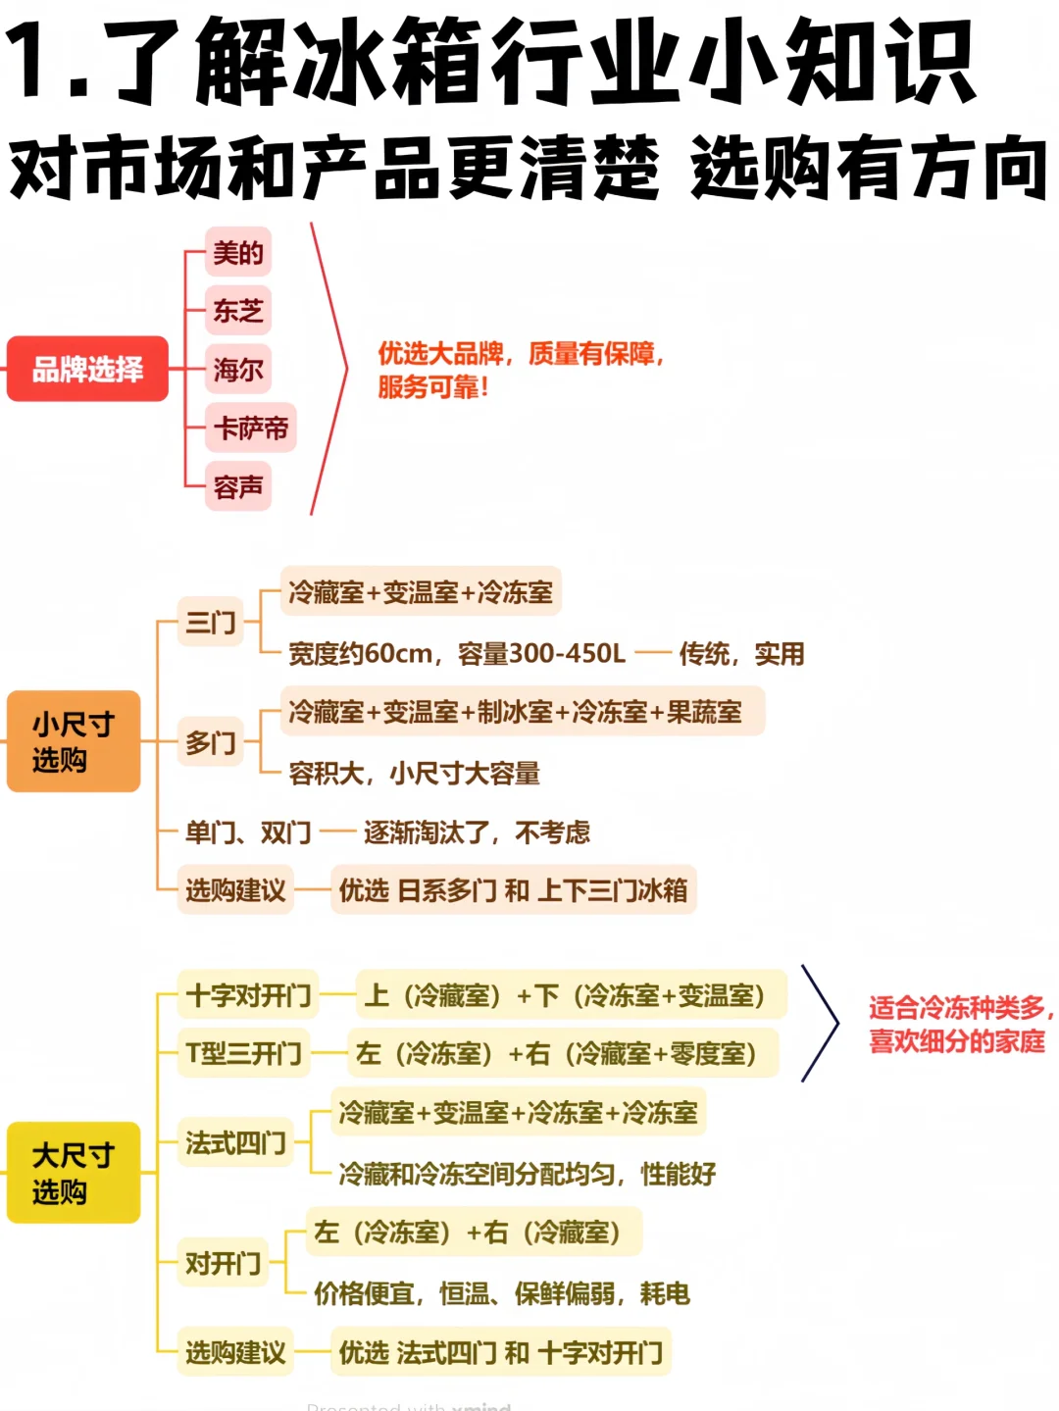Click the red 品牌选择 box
point(87,369)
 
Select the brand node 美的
point(238,253)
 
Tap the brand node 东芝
point(238,311)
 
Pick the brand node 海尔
point(238,370)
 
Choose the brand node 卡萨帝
point(251,428)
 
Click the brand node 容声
point(238,486)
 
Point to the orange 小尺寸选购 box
point(74,741)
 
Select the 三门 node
point(211,622)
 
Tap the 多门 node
point(211,742)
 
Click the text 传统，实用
point(741,653)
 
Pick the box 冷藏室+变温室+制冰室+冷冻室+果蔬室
point(522,712)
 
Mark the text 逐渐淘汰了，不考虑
point(477,832)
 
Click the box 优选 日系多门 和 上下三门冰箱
point(513,890)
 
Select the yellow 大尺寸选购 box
point(74,1173)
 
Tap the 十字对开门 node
point(248,995)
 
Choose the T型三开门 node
point(243,1053)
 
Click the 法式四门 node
point(235,1142)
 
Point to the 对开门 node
point(224,1263)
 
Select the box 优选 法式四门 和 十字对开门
point(500,1353)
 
